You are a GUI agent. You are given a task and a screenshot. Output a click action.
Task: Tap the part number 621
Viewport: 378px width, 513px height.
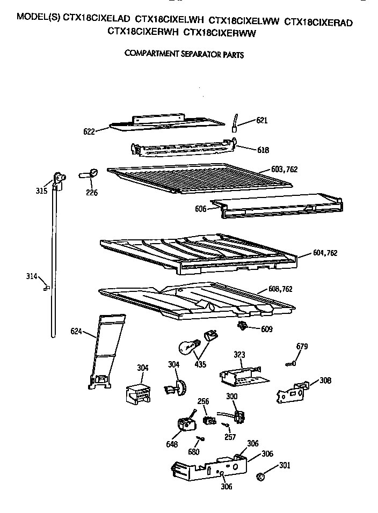tap(261, 121)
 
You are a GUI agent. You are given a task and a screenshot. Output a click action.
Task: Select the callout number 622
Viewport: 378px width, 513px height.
tap(90, 130)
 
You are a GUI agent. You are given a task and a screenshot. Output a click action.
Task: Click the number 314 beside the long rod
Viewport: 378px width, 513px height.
tap(32, 277)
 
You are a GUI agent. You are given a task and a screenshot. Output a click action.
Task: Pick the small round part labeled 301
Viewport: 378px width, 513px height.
tap(261, 475)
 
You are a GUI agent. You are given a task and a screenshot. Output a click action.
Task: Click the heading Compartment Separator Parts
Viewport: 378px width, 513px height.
tap(184, 54)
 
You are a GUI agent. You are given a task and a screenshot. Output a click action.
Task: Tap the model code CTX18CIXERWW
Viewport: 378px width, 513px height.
tap(220, 32)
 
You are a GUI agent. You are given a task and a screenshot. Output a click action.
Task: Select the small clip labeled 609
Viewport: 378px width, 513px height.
tap(243, 325)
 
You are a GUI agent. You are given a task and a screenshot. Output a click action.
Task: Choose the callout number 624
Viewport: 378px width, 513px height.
tap(77, 332)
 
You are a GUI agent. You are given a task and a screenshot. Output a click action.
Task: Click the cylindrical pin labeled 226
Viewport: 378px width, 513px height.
tap(90, 174)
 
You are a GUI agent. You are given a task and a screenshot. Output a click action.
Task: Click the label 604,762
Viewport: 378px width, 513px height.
tap(325, 253)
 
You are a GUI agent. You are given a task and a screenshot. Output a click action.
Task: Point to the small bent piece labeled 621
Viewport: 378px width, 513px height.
tap(235, 123)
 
